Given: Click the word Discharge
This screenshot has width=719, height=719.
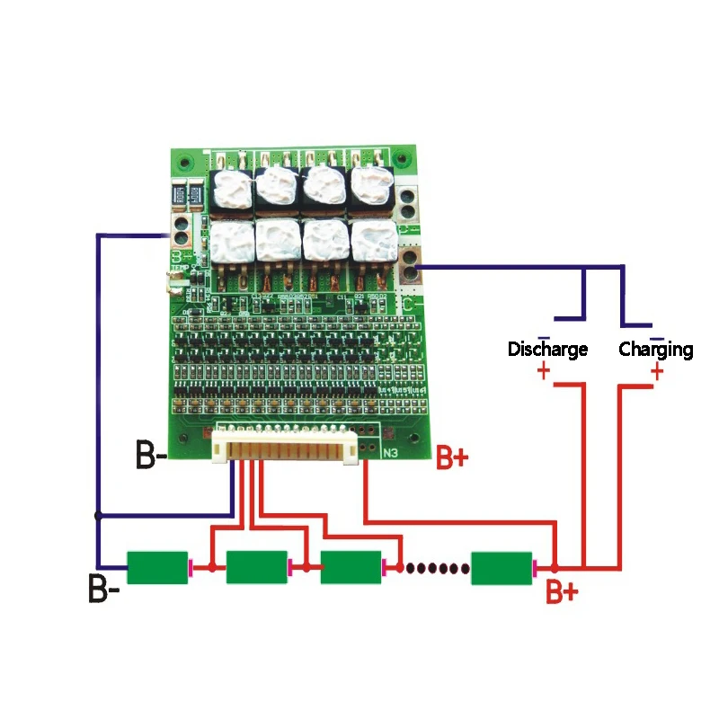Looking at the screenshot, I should pos(547,349).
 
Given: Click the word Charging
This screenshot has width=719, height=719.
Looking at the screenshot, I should pos(656,349).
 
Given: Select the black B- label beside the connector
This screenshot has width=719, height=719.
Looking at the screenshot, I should pos(151,455).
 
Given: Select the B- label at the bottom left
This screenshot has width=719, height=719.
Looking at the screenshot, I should pos(104,590).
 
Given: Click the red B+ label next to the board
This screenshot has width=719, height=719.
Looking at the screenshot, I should pos(452,458).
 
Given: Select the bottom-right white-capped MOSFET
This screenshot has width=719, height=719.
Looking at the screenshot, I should pos(373,241).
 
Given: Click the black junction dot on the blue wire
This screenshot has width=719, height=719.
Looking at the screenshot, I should pos(98,515).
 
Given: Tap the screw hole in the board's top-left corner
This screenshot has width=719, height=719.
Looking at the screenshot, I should pos(185,163).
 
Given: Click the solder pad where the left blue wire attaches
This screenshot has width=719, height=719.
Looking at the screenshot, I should pos(180,236).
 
